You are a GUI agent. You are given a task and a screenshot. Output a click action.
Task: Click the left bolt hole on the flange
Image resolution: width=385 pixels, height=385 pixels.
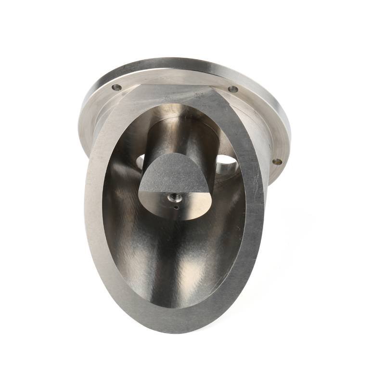tap(116, 88)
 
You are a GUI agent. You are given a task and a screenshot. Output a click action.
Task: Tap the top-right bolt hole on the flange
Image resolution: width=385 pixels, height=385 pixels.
tap(233, 89)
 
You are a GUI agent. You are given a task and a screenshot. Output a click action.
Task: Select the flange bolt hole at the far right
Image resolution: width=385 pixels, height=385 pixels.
tap(277, 162)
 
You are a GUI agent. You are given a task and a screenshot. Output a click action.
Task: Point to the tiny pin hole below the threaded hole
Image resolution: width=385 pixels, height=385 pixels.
tap(176, 208)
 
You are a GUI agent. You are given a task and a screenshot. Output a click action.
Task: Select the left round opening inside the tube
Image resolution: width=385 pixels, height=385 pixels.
tap(140, 161)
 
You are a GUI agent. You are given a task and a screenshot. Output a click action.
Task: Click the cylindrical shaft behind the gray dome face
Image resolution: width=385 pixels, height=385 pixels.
tap(178, 135)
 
